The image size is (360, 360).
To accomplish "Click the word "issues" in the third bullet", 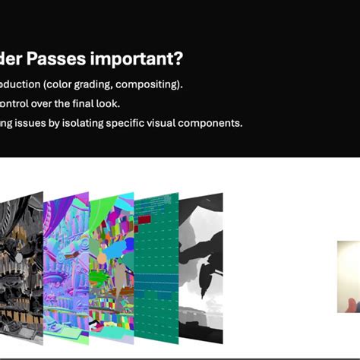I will tap(46, 122).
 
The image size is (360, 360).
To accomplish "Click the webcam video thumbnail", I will tap(349, 276).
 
